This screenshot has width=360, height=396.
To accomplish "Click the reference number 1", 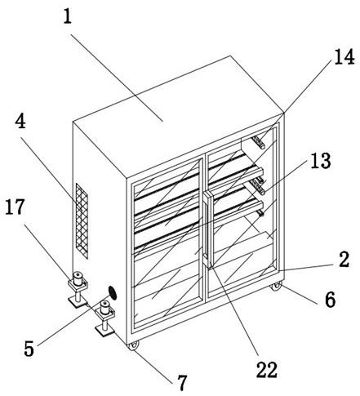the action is point(68,16).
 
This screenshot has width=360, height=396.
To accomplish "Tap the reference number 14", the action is point(344,57).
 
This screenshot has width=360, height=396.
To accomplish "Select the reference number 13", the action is point(321,161).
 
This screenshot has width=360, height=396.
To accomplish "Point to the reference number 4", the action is point(20,121).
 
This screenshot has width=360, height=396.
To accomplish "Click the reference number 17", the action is point(15,207).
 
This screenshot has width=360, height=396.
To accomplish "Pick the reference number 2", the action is point(344,259).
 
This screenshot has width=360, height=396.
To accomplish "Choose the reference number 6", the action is point(331,300).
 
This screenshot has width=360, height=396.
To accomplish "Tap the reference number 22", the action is point(267,370).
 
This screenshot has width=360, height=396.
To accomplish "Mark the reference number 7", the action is point(182,383).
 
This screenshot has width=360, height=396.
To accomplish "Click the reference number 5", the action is point(29,349).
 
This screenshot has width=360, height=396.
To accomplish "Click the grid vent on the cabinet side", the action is point(82,221).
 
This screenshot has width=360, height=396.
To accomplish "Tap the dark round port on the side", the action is point(112,293).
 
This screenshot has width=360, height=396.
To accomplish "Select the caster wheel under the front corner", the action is point(133,345).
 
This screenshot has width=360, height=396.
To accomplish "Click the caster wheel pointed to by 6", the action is point(275,287).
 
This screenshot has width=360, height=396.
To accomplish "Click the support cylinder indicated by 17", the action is point(78,278).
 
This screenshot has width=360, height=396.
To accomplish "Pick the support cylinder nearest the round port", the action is point(105,308).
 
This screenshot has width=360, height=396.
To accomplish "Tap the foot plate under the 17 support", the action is point(78,301).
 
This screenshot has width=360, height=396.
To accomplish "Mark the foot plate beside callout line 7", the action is point(104,331).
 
